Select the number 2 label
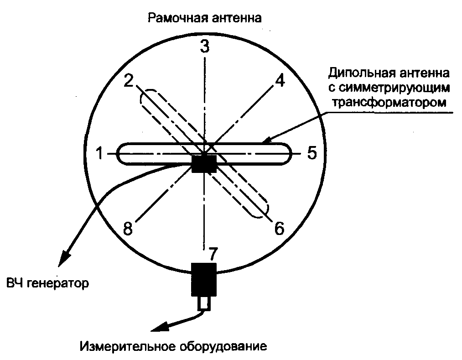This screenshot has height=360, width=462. click(x=129, y=81)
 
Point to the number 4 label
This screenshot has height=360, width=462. click(x=279, y=81)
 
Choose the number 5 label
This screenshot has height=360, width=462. click(x=312, y=153)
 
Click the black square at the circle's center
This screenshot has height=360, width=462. click(x=204, y=163)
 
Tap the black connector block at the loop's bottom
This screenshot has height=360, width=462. click(x=204, y=279)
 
